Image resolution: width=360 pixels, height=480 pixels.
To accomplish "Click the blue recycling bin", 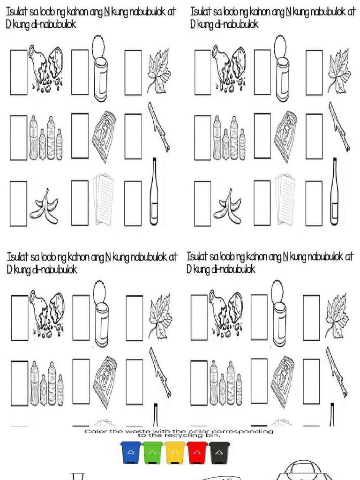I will click(x=130, y=453).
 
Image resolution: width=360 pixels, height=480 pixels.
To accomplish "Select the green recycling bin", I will click(x=153, y=453).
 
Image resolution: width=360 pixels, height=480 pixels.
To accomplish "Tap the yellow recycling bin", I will click(x=175, y=453).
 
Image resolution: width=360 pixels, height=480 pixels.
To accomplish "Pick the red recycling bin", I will click(x=197, y=453).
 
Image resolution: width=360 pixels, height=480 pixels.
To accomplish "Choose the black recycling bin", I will click(x=219, y=453).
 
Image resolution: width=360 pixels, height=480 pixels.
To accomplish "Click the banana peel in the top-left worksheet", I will click(x=44, y=206).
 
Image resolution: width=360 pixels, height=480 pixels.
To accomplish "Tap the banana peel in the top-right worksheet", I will click(x=228, y=206).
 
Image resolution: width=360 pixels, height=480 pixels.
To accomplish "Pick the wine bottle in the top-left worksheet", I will click(x=154, y=192).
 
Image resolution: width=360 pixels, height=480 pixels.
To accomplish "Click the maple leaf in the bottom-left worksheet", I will click(x=159, y=316).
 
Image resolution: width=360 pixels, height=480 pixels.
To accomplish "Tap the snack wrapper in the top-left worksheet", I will click(x=104, y=136).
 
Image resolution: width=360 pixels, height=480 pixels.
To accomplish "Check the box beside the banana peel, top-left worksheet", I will click(x=19, y=203).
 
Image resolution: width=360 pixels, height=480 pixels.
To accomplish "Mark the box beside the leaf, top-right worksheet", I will click(x=314, y=72).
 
